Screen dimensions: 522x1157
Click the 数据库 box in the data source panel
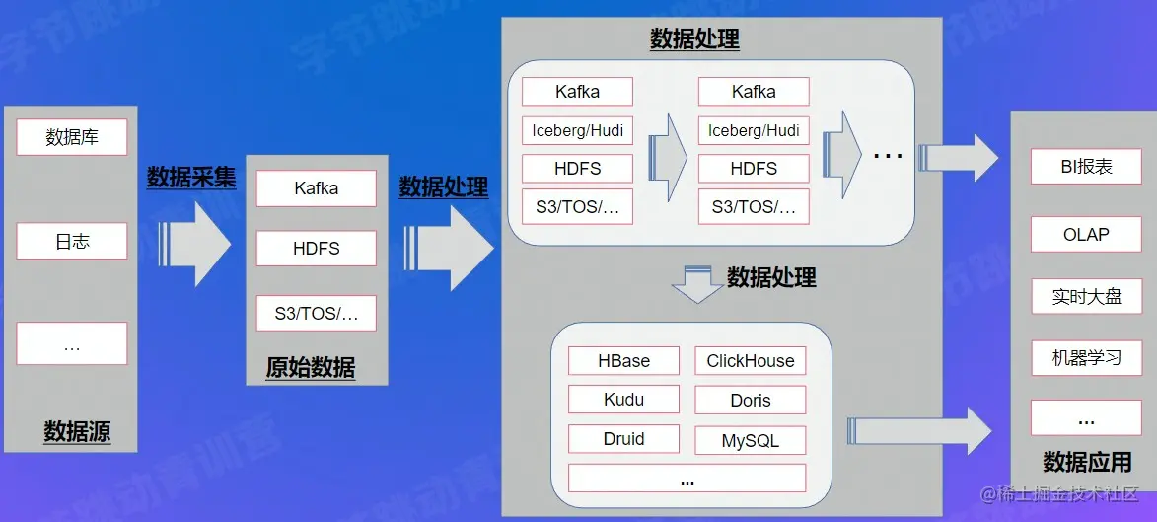point(72,137)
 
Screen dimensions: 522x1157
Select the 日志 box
point(72,241)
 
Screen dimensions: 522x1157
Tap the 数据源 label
point(77,431)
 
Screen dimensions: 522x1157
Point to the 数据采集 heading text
point(191,178)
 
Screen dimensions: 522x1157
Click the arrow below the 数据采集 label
point(197,244)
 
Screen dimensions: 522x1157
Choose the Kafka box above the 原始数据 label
point(316,188)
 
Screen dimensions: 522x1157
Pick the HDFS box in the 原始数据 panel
point(316,249)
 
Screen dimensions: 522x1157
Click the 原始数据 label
point(311,368)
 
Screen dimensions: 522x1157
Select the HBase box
point(623,361)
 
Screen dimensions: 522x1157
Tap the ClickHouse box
point(750,361)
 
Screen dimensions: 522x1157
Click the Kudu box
point(623,400)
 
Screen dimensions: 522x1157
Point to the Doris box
point(750,401)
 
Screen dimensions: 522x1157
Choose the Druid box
point(623,439)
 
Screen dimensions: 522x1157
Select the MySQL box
point(750,441)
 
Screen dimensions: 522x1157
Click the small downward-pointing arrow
point(697,284)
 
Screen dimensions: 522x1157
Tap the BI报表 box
point(1086,167)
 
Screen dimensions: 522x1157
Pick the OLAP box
point(1086,235)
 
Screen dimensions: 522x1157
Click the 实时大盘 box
point(1086,296)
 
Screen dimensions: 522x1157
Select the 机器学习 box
point(1086,357)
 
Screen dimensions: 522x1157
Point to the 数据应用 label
point(1087,462)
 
